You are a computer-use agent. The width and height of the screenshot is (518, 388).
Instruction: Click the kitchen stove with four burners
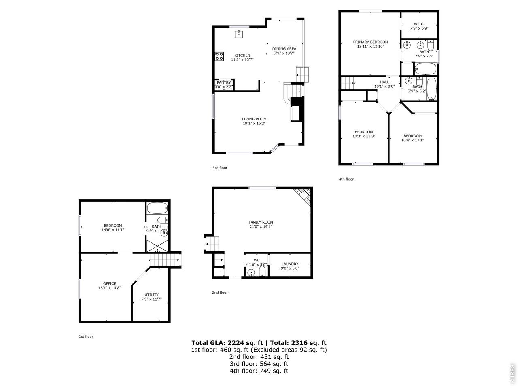(219, 57)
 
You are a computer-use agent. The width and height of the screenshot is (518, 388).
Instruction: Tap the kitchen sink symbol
(239, 34)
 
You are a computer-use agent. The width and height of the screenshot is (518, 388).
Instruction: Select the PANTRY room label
(223, 83)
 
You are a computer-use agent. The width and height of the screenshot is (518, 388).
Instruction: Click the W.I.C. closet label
(419, 24)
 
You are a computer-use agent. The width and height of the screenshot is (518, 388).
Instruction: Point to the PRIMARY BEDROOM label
(370, 42)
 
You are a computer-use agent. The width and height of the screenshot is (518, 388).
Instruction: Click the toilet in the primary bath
(431, 45)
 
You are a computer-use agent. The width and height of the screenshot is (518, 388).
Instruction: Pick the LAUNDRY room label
(290, 264)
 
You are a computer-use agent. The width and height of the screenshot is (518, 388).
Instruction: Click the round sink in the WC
(251, 273)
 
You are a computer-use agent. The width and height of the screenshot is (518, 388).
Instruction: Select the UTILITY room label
(151, 295)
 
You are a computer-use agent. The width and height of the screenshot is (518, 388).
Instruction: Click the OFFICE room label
(110, 284)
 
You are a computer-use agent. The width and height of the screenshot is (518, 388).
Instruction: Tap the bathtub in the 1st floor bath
(157, 208)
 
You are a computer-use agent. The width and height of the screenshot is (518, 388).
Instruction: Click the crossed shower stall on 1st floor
(157, 246)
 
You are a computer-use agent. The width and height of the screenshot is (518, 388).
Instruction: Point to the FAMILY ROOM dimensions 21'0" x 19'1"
(261, 226)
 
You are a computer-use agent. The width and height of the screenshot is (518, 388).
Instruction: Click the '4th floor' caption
(346, 179)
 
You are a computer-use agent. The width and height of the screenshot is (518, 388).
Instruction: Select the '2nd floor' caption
(220, 293)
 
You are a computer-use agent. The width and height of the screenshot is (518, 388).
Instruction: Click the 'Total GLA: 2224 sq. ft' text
(227, 343)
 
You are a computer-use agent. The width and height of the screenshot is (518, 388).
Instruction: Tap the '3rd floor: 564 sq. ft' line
(259, 364)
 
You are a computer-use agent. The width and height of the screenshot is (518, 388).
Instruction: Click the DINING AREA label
(284, 49)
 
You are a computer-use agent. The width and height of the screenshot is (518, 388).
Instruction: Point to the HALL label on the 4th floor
(384, 82)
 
